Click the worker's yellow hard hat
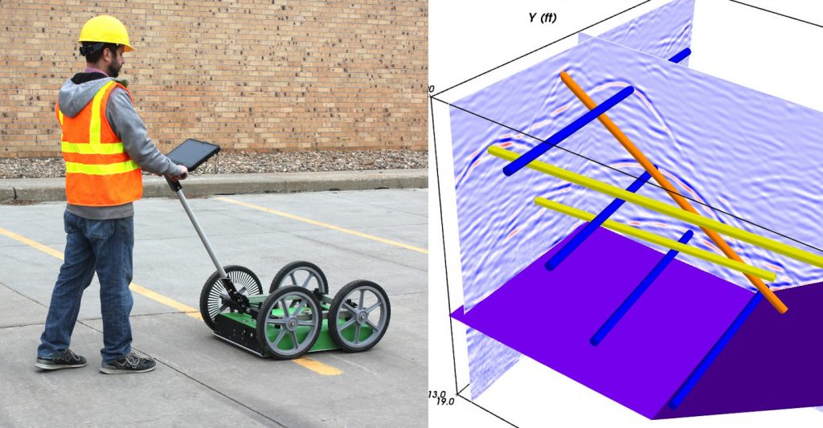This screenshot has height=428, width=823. (x=105, y=31)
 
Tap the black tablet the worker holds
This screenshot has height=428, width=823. (x=193, y=155)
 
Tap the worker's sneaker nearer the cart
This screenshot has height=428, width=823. (x=128, y=362)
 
